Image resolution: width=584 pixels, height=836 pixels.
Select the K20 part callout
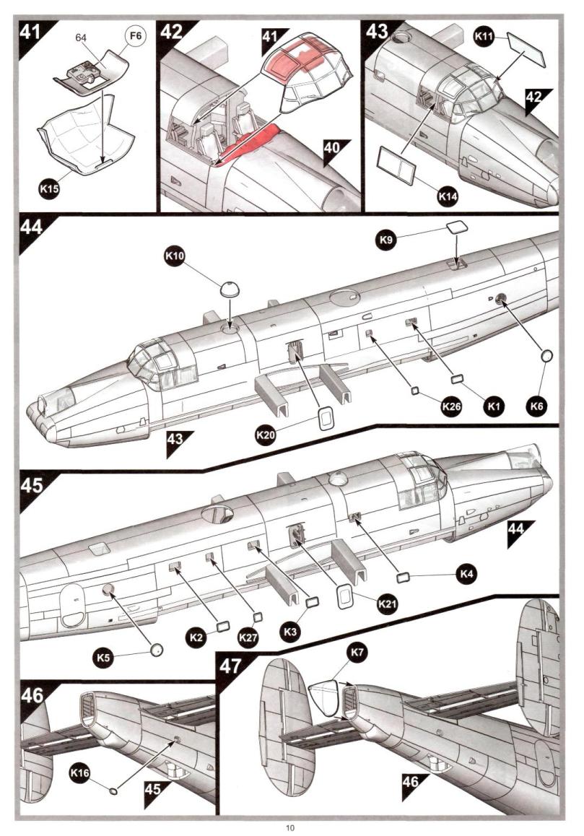point(266,436)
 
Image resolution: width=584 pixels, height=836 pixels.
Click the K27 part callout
point(248,637)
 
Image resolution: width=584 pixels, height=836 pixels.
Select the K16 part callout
point(80,773)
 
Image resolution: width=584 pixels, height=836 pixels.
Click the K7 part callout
point(357,653)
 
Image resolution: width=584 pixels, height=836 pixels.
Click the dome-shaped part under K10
point(230,292)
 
